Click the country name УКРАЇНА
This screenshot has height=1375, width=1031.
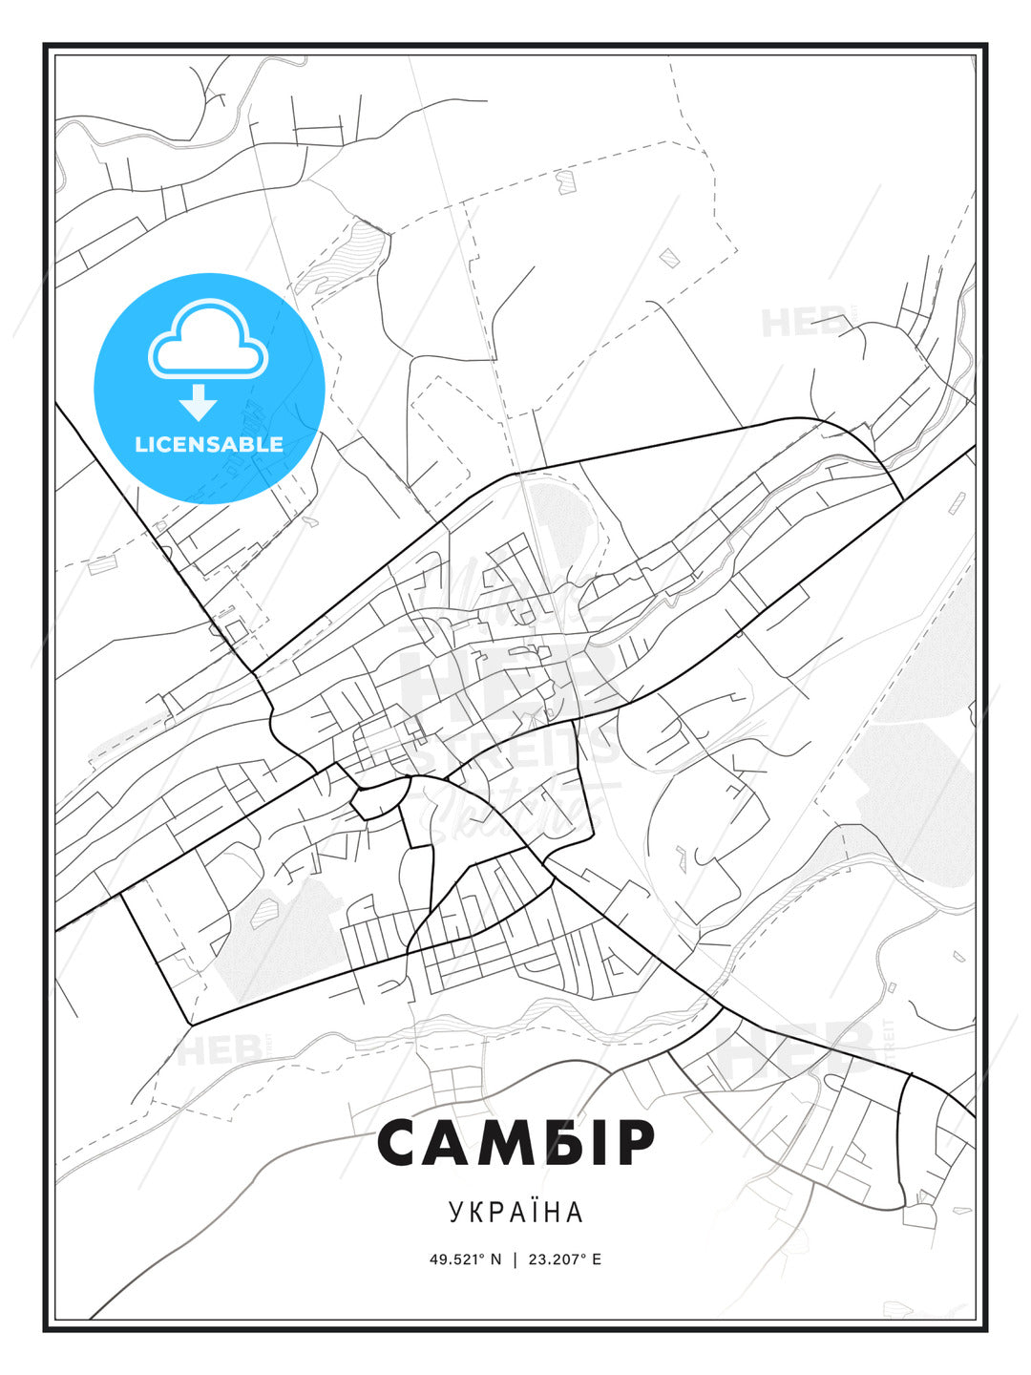[515, 1213]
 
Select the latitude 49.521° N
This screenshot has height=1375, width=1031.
[465, 1259]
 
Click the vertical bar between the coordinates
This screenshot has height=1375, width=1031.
[515, 1259]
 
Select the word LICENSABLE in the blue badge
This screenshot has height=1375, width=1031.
[209, 444]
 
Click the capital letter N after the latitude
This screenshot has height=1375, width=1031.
[495, 1259]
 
